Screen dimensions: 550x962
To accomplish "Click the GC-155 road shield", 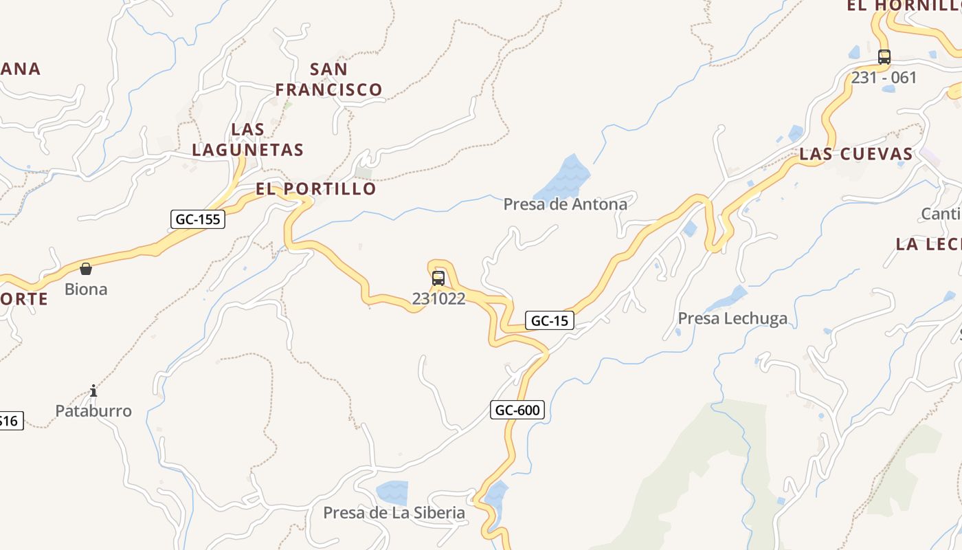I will click(197, 219).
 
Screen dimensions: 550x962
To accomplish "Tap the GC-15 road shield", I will click(550, 320).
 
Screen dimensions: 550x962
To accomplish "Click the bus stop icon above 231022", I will click(438, 278).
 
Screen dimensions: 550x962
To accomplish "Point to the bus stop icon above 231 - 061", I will click(884, 57).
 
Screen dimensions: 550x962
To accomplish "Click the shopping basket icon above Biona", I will click(86, 269).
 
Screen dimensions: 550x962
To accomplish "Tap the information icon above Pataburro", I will click(93, 391).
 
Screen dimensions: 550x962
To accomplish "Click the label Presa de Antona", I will click(565, 204).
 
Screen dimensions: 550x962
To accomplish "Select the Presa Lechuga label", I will click(732, 318).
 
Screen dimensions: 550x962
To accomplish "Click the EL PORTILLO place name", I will click(316, 189).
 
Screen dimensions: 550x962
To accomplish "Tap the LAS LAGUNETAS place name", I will click(247, 140).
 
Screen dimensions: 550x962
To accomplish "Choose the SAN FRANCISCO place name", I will click(328, 79).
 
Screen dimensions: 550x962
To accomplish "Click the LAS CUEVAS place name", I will click(856, 154).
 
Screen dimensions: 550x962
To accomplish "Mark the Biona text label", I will click(86, 289).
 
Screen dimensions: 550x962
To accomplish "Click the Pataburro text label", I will click(93, 411).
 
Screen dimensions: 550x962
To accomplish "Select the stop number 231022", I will click(438, 298).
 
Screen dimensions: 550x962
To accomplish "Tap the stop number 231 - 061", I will click(884, 78).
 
